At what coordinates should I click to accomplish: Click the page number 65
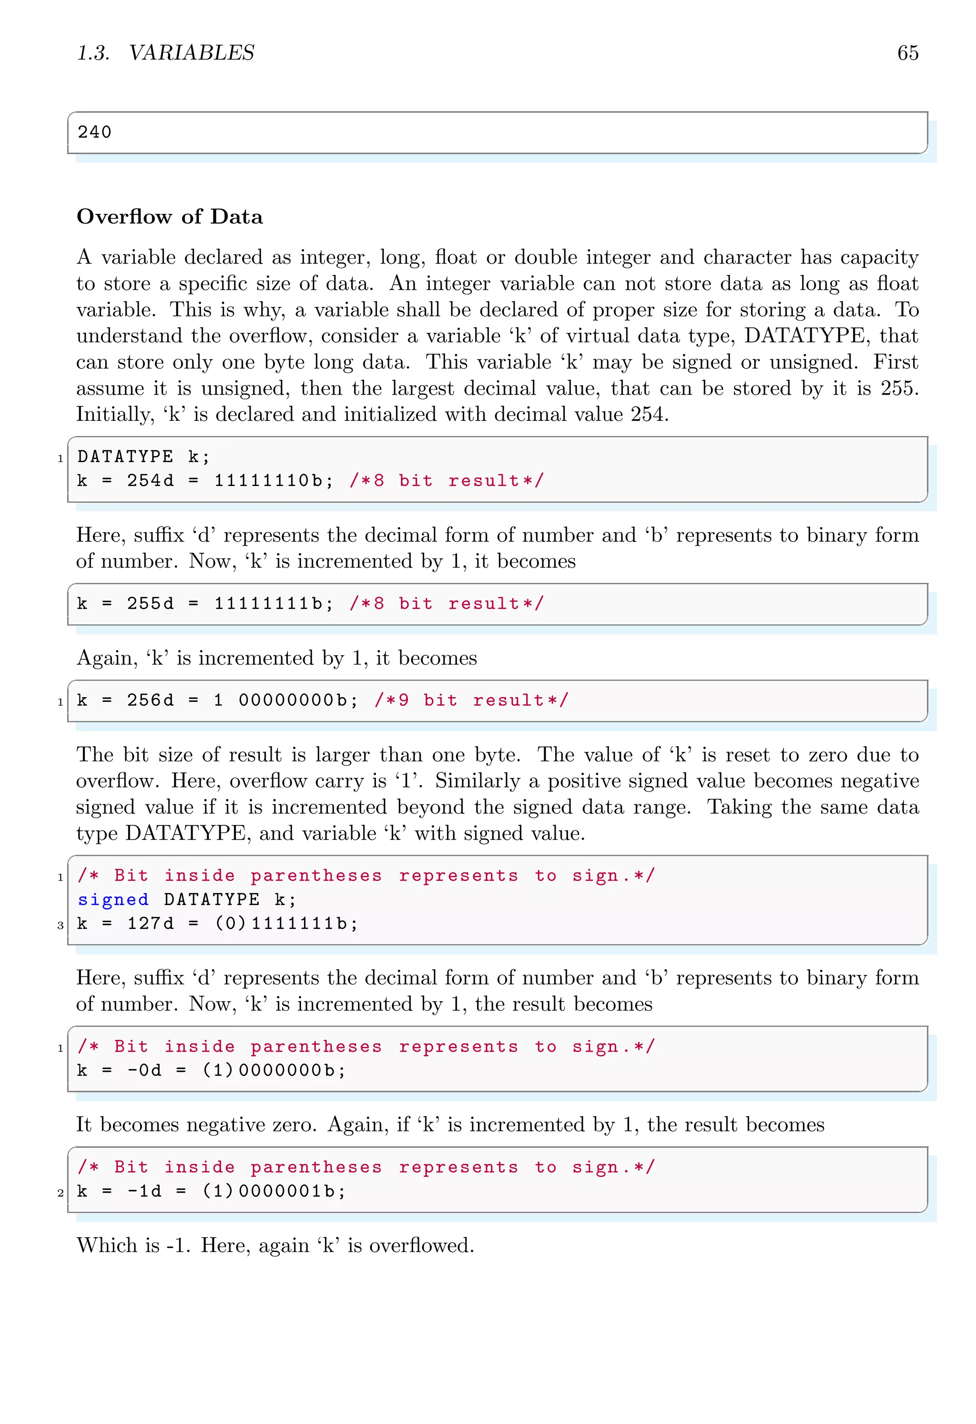point(907,53)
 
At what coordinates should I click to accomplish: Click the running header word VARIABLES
point(191,53)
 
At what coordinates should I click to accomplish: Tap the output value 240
point(94,132)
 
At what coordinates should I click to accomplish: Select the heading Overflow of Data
point(170,217)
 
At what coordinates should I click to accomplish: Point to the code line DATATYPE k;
point(143,457)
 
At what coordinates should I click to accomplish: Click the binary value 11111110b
point(273,481)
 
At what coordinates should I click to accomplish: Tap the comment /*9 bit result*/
point(471,701)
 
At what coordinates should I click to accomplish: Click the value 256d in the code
point(150,701)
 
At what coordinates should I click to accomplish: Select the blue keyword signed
point(113,899)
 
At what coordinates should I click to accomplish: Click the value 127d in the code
point(150,924)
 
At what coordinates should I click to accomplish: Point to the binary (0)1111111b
point(285,924)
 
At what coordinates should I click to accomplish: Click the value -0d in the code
point(144,1070)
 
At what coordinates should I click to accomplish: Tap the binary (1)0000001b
point(274,1191)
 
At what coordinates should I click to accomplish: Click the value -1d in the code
point(144,1191)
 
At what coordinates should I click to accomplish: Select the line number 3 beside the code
point(60,925)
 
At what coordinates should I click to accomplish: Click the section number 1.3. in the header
point(93,53)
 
